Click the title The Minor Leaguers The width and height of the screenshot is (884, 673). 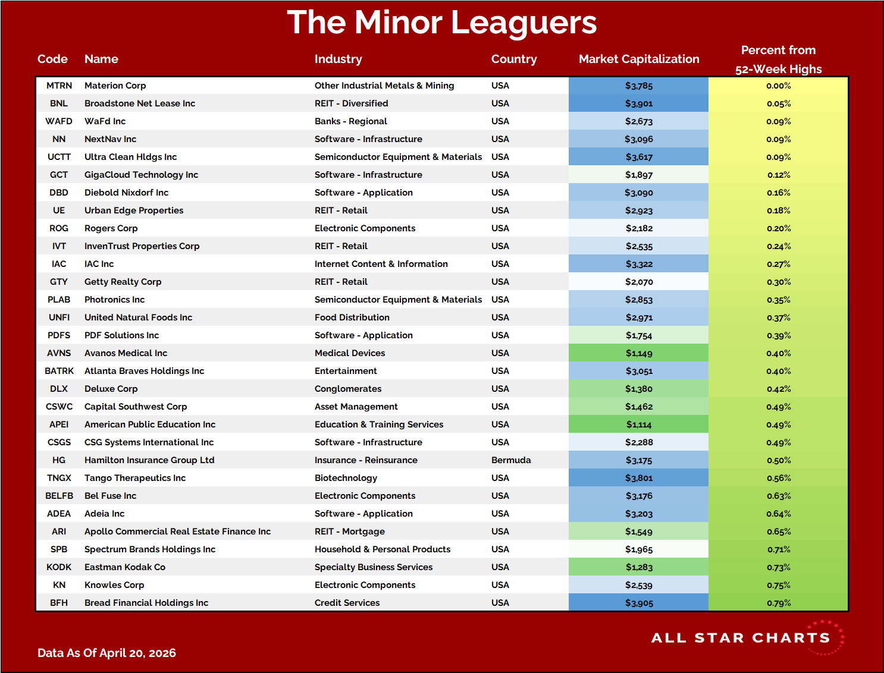tap(441, 23)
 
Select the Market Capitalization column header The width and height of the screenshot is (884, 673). tap(639, 59)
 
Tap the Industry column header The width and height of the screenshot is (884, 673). tap(338, 59)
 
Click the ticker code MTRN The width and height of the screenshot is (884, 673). tap(59, 86)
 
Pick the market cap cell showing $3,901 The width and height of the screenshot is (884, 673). tap(639, 103)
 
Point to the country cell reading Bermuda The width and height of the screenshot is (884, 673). tap(511, 460)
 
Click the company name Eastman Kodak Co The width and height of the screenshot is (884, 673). tap(125, 567)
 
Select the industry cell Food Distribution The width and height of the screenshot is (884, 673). tap(352, 317)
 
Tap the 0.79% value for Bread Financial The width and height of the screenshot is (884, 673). tap(779, 603)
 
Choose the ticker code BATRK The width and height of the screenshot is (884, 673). tap(59, 371)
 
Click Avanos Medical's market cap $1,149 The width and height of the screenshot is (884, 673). tap(639, 353)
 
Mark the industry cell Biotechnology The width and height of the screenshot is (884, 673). tap(346, 478)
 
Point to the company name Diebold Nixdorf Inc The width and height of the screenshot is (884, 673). tap(126, 193)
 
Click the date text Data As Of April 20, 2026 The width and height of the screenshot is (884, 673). tap(106, 653)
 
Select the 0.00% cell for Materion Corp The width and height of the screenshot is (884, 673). tap(779, 86)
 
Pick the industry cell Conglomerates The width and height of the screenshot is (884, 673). tap(348, 389)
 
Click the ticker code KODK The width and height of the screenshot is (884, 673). tap(59, 567)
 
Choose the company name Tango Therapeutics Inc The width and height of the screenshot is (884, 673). tap(135, 478)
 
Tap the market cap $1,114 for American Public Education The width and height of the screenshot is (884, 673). tap(639, 424)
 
